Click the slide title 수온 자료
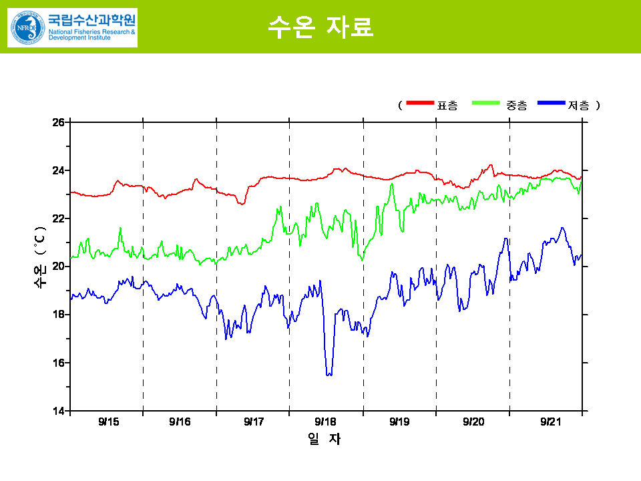pyautogui.click(x=320, y=27)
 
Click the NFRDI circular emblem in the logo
pyautogui.click(x=25, y=27)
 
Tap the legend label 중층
pyautogui.click(x=516, y=105)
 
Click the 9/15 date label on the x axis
pyautogui.click(x=108, y=422)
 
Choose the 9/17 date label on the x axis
pyautogui.click(x=254, y=422)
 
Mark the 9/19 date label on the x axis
pyautogui.click(x=399, y=422)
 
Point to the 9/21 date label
pyautogui.click(x=550, y=422)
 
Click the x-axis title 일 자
pyautogui.click(x=324, y=439)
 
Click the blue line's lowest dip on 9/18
pyautogui.click(x=329, y=374)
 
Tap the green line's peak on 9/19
pyautogui.click(x=392, y=184)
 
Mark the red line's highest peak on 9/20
pyautogui.click(x=491, y=165)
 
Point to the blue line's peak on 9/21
pyautogui.click(x=562, y=228)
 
